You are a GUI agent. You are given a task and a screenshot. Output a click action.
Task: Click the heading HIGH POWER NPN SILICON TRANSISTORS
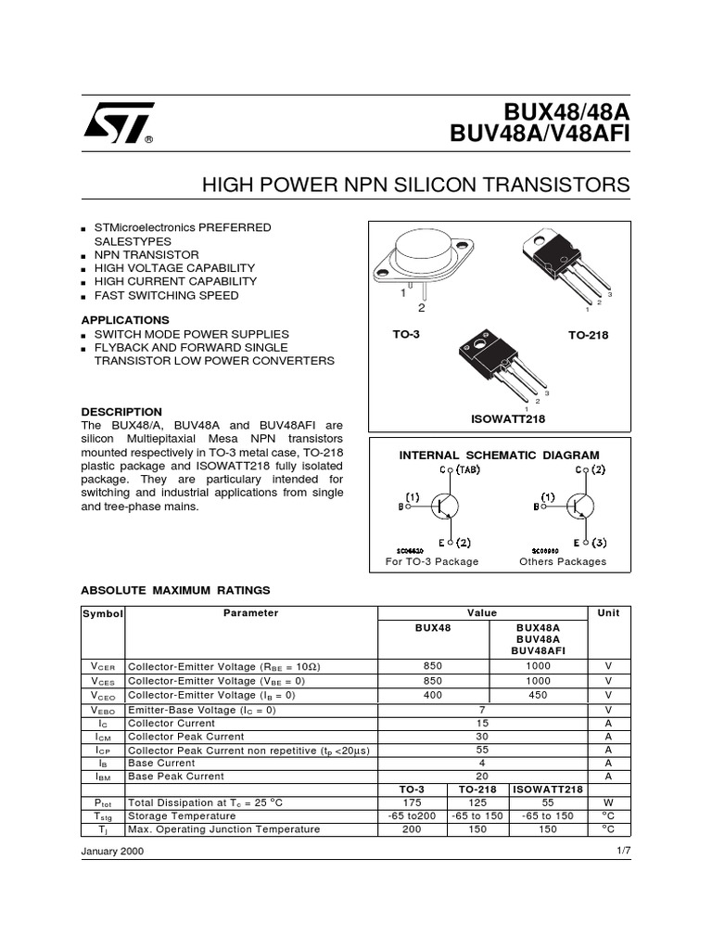tap(415, 186)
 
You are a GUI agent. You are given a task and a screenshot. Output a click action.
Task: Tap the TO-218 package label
tap(588, 335)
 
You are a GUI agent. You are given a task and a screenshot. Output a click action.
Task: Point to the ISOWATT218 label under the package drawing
tap(508, 419)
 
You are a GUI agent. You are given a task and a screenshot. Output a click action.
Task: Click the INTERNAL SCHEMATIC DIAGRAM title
tap(499, 455)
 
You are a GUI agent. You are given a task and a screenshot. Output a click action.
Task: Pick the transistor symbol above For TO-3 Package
tap(443, 506)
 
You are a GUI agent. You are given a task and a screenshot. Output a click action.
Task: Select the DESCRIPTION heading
tap(121, 411)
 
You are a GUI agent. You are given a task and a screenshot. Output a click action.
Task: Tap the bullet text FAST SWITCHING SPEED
tap(166, 295)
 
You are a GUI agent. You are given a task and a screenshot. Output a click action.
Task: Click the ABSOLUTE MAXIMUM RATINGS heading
tap(175, 589)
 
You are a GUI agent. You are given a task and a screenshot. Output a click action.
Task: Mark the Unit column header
tap(608, 613)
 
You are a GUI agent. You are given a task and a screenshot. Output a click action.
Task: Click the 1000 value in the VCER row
tap(538, 666)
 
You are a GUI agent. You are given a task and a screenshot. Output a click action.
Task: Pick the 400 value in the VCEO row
tap(433, 695)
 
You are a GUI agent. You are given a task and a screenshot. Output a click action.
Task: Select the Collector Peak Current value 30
tap(482, 736)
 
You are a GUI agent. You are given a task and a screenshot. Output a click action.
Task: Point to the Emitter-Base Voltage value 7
tap(482, 709)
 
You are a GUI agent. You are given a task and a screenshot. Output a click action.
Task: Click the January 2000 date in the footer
tap(112, 851)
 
